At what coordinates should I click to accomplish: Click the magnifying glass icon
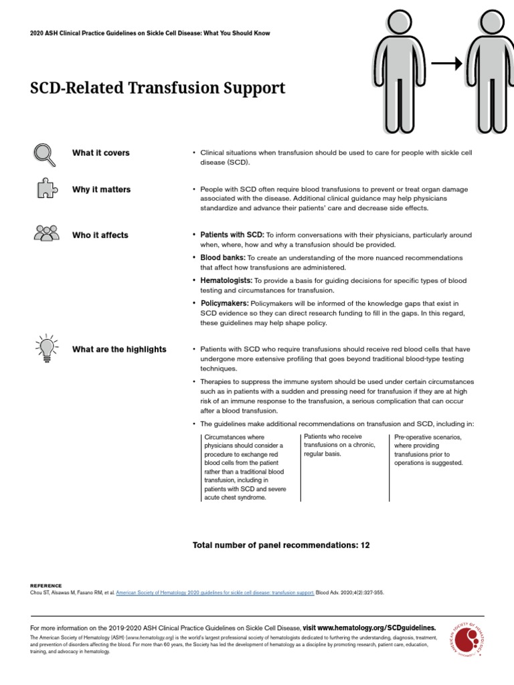tap(44, 154)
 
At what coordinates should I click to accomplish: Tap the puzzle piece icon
tap(46, 190)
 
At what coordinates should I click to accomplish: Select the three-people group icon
tap(46, 233)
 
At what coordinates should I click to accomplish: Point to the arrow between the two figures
tap(446, 64)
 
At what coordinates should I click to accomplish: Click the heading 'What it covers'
tap(101, 153)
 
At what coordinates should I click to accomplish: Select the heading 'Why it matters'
tap(102, 190)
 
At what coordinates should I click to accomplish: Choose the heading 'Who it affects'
tap(100, 235)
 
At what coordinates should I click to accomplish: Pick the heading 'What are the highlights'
tap(119, 349)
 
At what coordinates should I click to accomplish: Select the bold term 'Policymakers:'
tap(224, 304)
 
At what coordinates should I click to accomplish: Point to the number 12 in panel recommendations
tap(365, 545)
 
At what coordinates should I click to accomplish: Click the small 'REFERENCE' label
tap(46, 585)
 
